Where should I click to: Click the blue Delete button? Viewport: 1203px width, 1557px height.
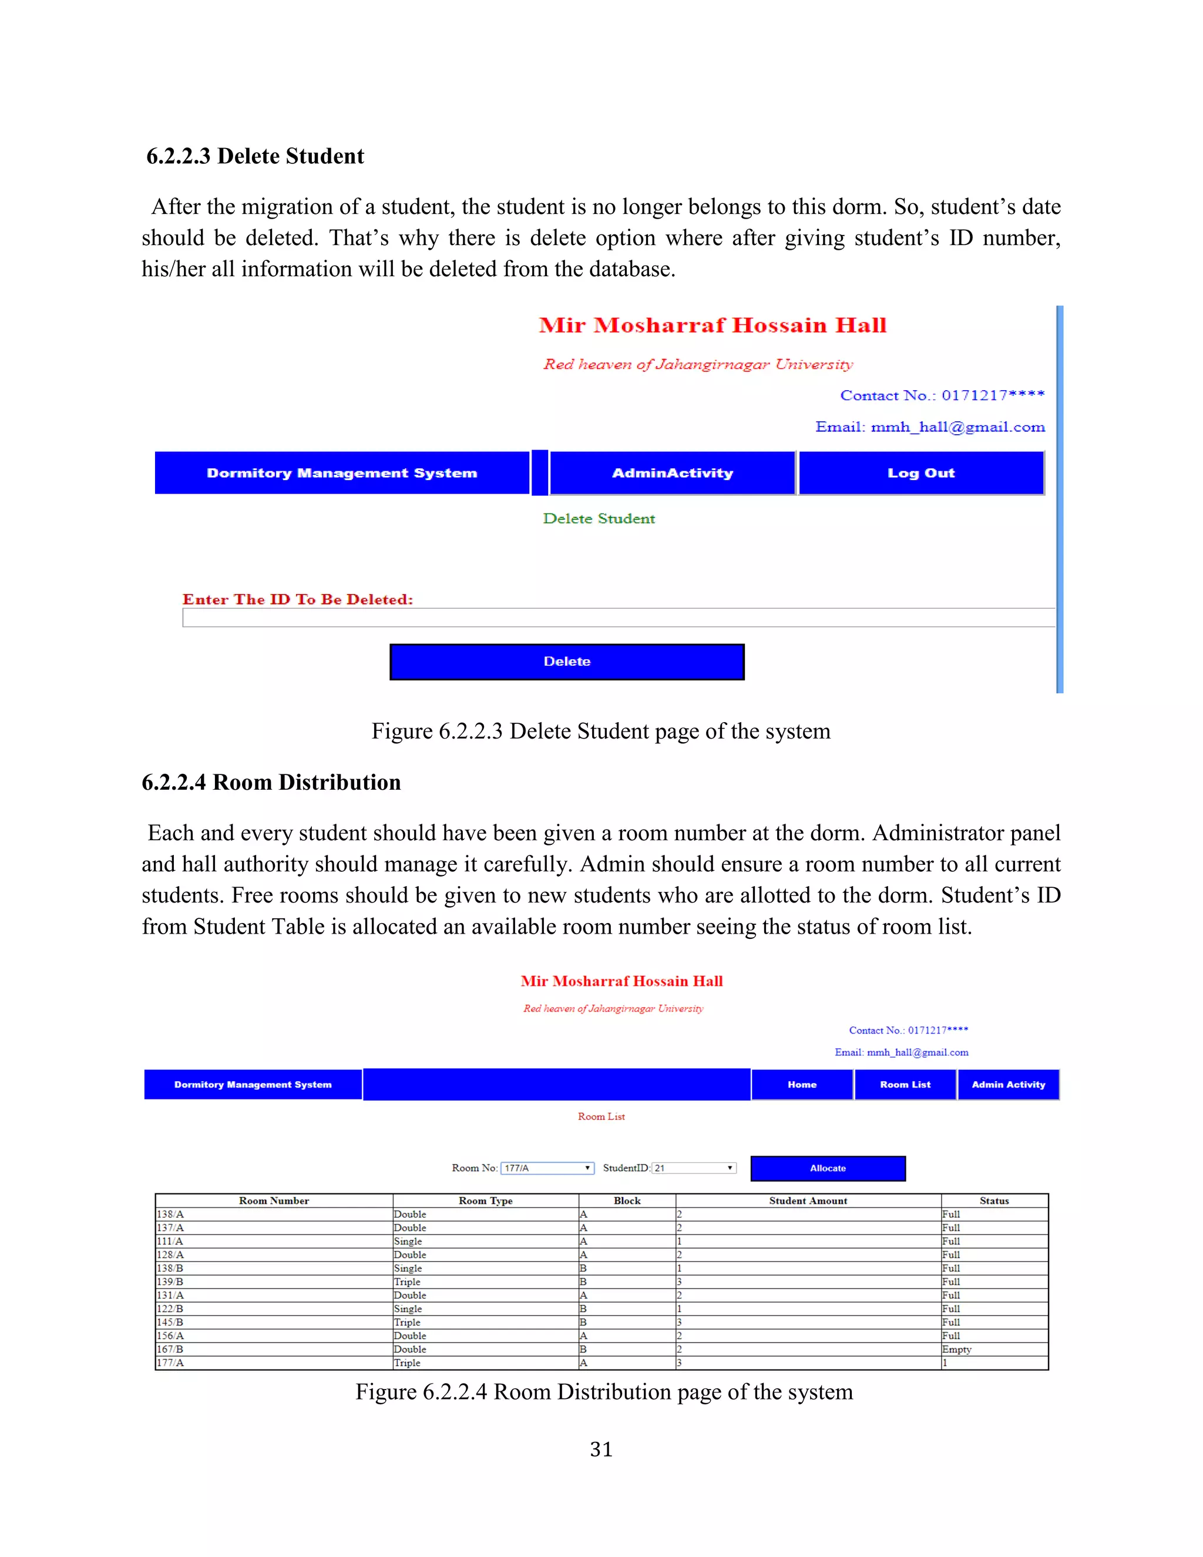(567, 662)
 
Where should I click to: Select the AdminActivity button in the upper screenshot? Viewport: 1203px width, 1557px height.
(672, 472)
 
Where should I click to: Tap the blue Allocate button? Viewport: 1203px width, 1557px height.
(828, 1168)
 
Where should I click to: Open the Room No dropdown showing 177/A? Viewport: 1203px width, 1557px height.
(547, 1168)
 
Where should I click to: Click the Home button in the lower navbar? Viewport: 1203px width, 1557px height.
(802, 1085)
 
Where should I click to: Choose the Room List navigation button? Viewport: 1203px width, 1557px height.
(905, 1085)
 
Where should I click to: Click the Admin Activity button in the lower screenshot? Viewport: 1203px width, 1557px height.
(1008, 1085)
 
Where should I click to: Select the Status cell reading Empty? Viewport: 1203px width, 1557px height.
(956, 1349)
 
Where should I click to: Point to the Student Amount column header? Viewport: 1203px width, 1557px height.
(808, 1200)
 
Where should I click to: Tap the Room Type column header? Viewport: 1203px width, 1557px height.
(485, 1200)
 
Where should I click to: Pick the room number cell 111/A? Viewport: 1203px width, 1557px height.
(170, 1241)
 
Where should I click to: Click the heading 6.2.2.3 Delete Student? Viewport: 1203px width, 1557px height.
(255, 156)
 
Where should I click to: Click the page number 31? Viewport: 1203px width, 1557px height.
(601, 1449)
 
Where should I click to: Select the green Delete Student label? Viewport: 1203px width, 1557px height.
(599, 518)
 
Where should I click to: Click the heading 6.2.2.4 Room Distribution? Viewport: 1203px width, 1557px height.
(271, 782)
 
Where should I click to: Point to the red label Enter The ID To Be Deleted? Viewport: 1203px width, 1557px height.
(298, 599)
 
